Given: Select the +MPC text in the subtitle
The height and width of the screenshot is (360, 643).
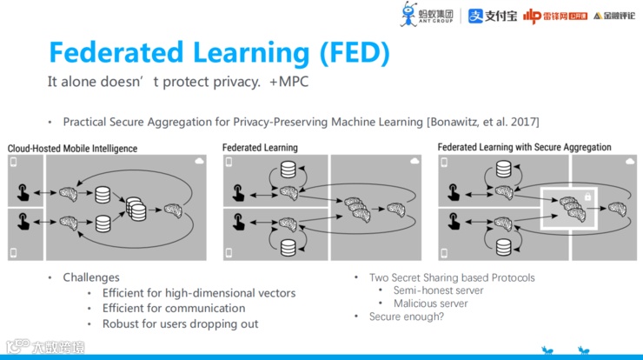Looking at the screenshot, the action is pos(289,83).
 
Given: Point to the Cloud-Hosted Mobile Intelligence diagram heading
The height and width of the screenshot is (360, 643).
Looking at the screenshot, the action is pos(73,149).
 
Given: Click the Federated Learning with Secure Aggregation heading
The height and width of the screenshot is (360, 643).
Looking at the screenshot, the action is pos(524,148).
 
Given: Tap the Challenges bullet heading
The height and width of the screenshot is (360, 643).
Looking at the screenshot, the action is pos(91,277).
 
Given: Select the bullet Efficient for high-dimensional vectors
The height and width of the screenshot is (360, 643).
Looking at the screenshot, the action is pos(198,293).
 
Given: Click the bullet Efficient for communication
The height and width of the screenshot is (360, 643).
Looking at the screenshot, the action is pos(173,308).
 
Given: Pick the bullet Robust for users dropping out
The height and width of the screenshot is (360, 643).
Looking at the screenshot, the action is pos(180,323).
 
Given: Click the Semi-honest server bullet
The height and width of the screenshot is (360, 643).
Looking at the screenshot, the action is pos(438,290).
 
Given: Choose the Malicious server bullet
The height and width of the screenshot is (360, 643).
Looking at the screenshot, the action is pos(430,303).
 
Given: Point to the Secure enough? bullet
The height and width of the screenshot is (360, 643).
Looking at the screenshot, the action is pos(406,317).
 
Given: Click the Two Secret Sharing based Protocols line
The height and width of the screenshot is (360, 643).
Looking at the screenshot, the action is pos(452,277).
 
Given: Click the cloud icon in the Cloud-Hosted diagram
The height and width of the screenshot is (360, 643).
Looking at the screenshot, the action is pos(200,163).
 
